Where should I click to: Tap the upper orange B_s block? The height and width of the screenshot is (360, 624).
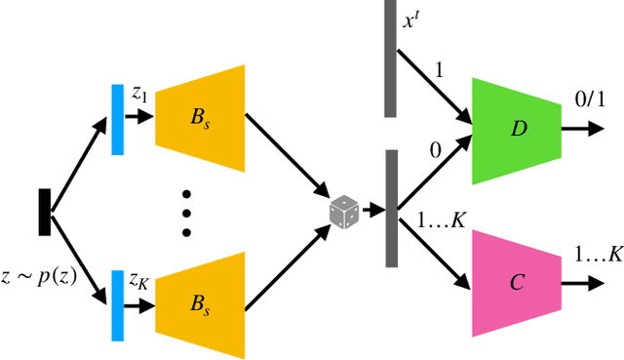[x=199, y=118]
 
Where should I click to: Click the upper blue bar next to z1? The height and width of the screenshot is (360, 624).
[x=117, y=118]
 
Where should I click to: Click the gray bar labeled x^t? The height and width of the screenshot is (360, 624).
[x=389, y=58]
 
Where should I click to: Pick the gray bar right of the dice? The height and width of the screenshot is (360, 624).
[x=390, y=208]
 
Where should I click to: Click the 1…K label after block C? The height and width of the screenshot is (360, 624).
[x=598, y=255]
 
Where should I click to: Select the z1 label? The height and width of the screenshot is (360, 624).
[x=140, y=93]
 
